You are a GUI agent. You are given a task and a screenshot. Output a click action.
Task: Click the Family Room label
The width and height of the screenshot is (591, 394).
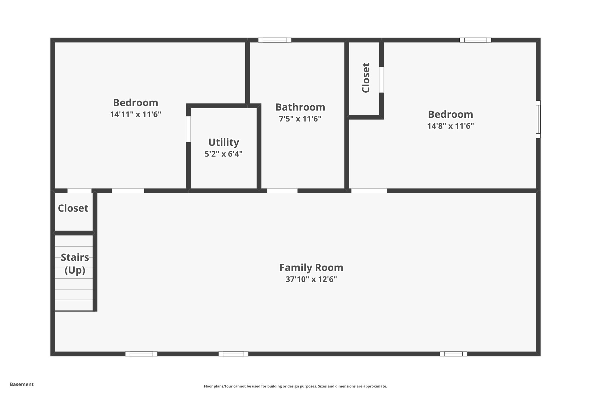coord(311,268)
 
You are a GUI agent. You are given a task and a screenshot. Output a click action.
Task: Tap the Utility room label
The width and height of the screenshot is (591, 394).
coord(224,142)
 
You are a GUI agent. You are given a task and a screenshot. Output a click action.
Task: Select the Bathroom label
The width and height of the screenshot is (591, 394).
coord(300,107)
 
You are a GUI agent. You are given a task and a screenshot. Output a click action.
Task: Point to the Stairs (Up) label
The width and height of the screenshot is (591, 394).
coord(75,264)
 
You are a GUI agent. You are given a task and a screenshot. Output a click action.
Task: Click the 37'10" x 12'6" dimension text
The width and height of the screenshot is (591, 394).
coord(311,279)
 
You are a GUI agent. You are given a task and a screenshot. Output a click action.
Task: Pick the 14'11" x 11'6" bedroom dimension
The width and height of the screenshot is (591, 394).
coord(135,115)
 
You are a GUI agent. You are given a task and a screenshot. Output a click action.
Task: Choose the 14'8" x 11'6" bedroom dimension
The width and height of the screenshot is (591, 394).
coord(450,126)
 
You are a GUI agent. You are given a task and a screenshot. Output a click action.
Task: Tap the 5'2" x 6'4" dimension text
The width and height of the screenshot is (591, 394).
coord(224,154)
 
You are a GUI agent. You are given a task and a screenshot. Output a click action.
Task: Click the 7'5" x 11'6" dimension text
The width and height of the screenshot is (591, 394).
coord(300,119)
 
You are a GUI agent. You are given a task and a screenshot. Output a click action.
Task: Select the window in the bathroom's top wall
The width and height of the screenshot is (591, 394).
coord(275,40)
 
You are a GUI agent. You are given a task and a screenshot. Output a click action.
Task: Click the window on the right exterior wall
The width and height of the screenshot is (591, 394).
coord(538,119)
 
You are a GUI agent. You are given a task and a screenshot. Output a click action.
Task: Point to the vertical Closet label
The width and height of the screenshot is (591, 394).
coord(366,78)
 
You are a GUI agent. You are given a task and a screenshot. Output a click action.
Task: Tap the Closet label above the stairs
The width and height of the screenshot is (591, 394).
coord(73,208)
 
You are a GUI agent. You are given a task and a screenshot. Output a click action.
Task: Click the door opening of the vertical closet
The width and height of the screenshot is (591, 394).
coord(381,80)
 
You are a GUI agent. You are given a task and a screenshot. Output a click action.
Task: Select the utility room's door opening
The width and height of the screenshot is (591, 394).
coord(188,129)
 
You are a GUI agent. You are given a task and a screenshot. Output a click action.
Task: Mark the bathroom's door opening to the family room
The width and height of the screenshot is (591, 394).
coord(282,191)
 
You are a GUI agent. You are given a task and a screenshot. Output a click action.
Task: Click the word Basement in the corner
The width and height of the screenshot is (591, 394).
coord(22,384)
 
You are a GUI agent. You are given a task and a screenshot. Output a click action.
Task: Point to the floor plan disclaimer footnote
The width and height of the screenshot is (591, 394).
coord(295,386)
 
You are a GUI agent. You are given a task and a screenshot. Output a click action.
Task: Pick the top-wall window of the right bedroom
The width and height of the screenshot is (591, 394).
coord(476,40)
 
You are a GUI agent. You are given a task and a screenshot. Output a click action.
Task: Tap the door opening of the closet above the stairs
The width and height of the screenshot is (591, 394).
coord(79,191)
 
